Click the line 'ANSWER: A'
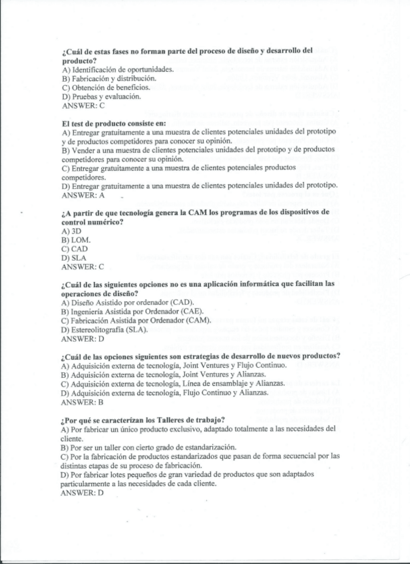pos(83,196)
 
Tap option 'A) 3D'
pos(71,231)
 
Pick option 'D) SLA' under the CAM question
pos(74,258)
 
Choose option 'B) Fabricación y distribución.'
pos(108,78)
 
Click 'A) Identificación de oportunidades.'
pos(118,69)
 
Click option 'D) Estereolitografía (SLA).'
pos(104,329)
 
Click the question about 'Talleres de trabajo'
pos(142,419)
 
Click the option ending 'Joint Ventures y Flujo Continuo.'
pos(173,365)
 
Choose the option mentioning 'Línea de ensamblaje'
pos(172,384)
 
